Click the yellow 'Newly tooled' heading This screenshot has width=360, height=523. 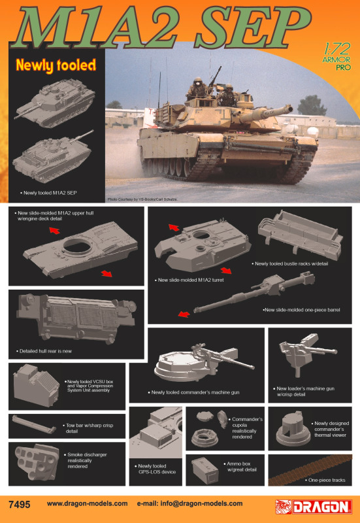[x=56, y=65]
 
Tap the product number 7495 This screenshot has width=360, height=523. [x=20, y=504]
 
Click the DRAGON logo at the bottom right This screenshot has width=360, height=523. [x=314, y=507]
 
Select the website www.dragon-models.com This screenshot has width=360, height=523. [x=87, y=503]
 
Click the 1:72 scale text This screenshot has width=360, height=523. [x=337, y=50]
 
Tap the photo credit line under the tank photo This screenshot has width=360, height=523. [x=142, y=199]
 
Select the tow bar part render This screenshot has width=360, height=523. [x=34, y=424]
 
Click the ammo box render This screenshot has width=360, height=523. [x=205, y=470]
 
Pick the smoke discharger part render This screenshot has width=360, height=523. [x=37, y=462]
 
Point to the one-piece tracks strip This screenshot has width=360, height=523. [x=310, y=470]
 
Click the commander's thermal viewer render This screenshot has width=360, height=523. [x=293, y=429]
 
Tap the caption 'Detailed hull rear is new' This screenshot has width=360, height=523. [x=46, y=351]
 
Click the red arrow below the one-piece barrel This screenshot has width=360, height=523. [x=184, y=314]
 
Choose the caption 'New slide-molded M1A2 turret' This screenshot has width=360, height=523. [x=191, y=280]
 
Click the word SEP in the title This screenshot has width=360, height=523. [x=253, y=27]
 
